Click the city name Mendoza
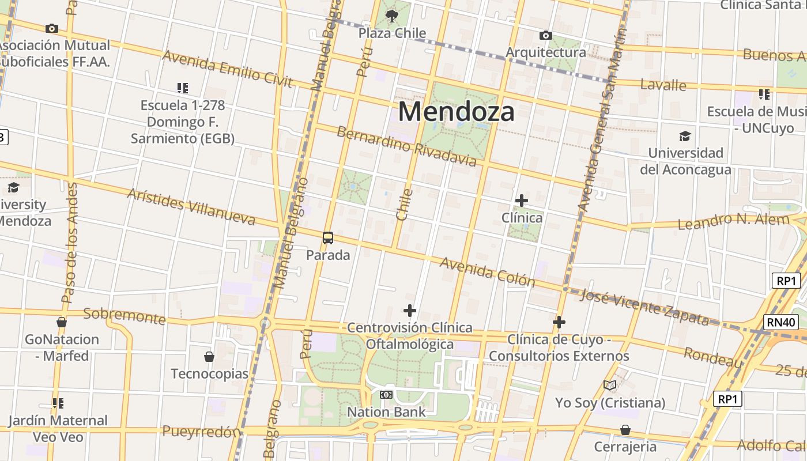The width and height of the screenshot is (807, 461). coord(456,111)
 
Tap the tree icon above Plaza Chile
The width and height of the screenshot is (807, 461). coord(392,16)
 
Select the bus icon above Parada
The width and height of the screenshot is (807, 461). coord(327,237)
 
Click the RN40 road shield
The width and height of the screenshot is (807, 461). coord(782,322)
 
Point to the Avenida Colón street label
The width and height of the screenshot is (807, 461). coord(487,272)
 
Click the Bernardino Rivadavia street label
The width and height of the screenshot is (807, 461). coord(407,146)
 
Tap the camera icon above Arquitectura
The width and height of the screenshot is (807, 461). coord(545,36)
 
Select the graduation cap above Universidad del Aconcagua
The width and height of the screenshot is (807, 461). coord(685,136)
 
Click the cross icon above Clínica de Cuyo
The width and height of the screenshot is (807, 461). coord(559,322)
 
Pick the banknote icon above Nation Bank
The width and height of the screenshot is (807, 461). coord(386,395)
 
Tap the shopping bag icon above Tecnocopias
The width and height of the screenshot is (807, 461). coord(209,357)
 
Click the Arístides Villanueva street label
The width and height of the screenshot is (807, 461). coord(191,206)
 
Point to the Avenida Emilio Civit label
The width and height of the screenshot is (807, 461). coord(228,67)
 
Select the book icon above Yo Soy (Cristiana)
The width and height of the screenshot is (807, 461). coord(610,385)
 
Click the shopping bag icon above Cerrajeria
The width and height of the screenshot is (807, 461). coord(625,430)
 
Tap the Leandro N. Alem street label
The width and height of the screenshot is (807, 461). coord(733,221)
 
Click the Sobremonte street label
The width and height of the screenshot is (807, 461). coord(125,315)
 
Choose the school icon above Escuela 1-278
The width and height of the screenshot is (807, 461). coord(182,88)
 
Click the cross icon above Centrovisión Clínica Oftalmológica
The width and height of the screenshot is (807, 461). coord(409,311)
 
